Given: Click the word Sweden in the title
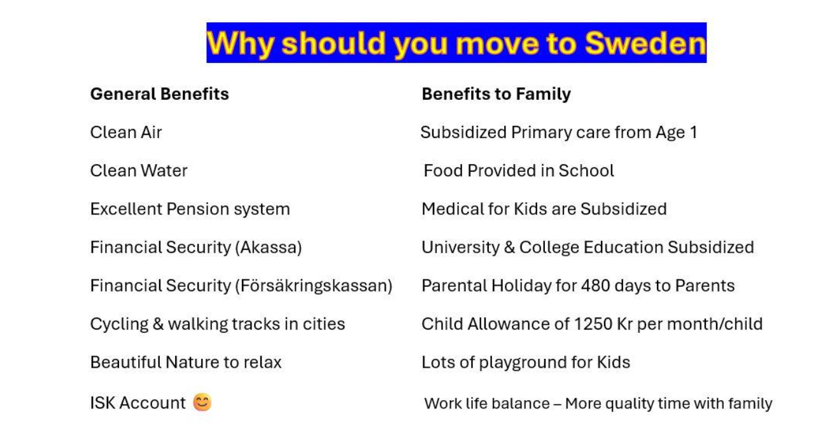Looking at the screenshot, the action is point(645,43).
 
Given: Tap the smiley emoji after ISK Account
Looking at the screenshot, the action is point(202,402).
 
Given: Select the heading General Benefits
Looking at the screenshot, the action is point(160,94).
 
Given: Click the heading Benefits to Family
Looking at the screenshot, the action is point(497,94).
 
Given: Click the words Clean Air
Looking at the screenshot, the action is point(126,132).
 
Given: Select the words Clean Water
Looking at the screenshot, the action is point(139,171).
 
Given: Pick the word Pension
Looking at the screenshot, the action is point(197,209).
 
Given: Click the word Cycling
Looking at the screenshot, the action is point(119,324).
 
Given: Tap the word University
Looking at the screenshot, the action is point(460,247).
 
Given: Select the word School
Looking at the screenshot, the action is point(586,171).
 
